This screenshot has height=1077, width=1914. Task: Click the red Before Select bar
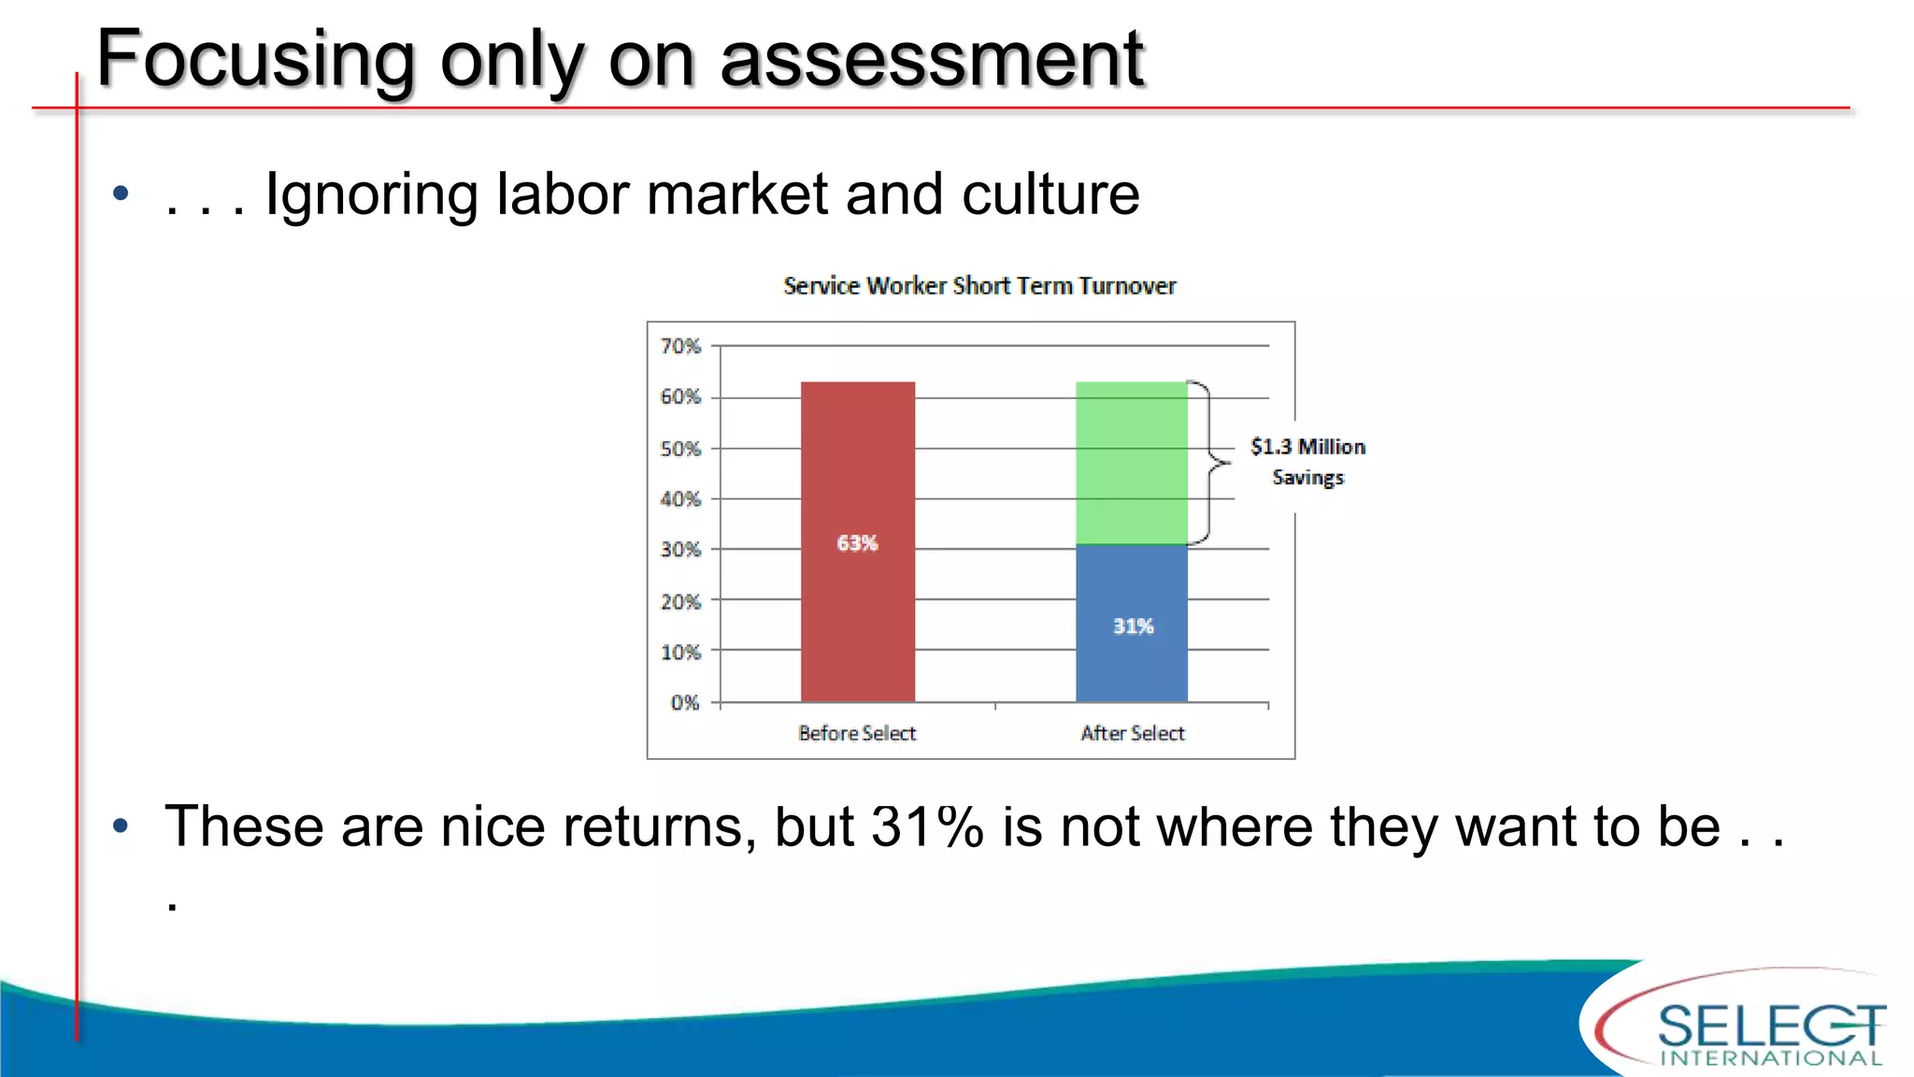tap(857, 467)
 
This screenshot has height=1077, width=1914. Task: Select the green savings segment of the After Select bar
tap(1131, 463)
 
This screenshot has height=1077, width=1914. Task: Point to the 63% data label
tap(857, 543)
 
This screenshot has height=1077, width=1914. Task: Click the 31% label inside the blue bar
tap(1133, 626)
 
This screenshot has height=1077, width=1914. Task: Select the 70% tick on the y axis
tap(680, 347)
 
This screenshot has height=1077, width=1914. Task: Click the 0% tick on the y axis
tap(684, 703)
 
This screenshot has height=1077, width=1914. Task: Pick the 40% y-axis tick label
tap(680, 499)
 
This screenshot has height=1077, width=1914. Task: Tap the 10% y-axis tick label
tap(680, 652)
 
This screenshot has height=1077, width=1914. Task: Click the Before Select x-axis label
tap(857, 734)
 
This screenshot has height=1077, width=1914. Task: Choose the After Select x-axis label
tap(1133, 734)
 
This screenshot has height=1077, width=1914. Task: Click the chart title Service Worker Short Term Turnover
tap(979, 286)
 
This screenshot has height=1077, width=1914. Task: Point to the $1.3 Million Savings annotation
tap(1308, 462)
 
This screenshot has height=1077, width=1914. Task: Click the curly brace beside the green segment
tap(1211, 462)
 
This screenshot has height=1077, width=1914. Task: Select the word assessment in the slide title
tap(932, 59)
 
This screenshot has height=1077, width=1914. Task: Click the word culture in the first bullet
tap(1050, 194)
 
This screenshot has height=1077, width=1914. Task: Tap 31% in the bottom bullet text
tap(927, 827)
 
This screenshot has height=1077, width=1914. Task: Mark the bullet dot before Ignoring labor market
tap(121, 194)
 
